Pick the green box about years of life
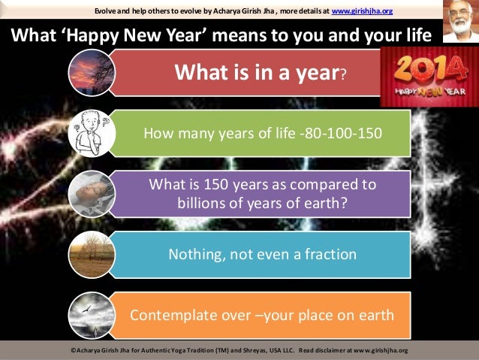(263, 134)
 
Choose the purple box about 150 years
(263, 193)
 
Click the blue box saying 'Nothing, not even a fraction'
(263, 254)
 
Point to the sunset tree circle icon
(91, 73)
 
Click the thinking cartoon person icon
(91, 133)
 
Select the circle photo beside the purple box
(91, 193)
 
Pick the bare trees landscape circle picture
(91, 254)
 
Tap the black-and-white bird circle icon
(91, 314)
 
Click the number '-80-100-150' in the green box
(339, 134)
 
